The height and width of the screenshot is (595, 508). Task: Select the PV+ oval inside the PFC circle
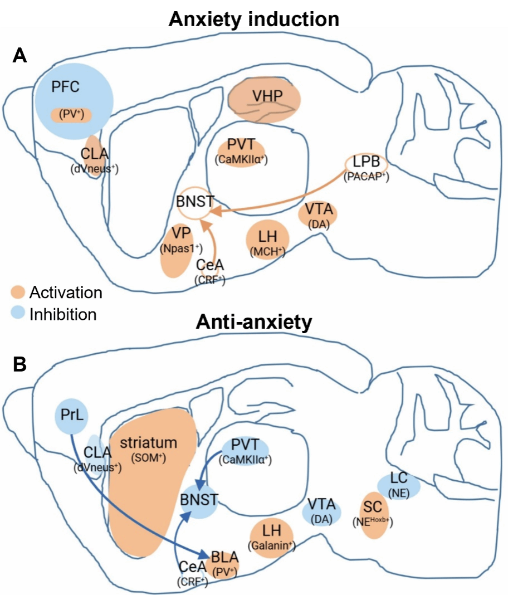tap(71, 115)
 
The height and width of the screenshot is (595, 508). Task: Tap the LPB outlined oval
tap(365, 163)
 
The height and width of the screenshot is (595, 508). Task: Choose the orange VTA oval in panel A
tap(318, 215)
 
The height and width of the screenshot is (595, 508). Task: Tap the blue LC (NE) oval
tap(398, 484)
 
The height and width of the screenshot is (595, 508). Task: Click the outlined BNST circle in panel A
tap(195, 203)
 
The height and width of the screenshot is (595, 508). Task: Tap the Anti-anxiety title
tap(253, 323)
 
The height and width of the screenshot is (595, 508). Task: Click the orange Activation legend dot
tap(18, 292)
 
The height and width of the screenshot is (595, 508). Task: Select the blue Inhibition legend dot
tap(18, 314)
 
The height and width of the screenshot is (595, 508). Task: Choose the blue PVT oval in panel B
tap(245, 449)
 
